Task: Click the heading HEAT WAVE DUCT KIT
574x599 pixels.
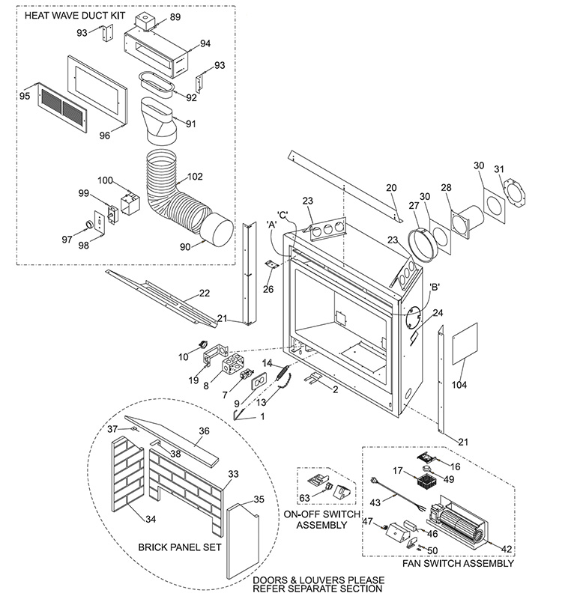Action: [75, 16]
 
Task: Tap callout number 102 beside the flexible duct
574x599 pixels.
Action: [195, 177]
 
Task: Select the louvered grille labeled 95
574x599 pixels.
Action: [62, 109]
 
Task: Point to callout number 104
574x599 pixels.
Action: [459, 385]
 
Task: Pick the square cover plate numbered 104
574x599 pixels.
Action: [465, 344]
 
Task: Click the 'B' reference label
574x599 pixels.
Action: [434, 287]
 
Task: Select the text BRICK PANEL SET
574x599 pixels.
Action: [180, 547]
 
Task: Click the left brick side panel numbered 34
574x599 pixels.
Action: [127, 475]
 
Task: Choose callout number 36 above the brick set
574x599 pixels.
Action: [205, 431]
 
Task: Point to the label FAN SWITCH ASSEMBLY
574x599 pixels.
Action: [458, 564]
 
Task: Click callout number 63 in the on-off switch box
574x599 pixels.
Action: [304, 498]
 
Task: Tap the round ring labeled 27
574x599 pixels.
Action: [420, 245]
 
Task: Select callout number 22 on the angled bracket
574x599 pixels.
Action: [205, 293]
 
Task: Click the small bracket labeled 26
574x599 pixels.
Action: [271, 264]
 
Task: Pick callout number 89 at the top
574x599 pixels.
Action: [175, 17]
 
